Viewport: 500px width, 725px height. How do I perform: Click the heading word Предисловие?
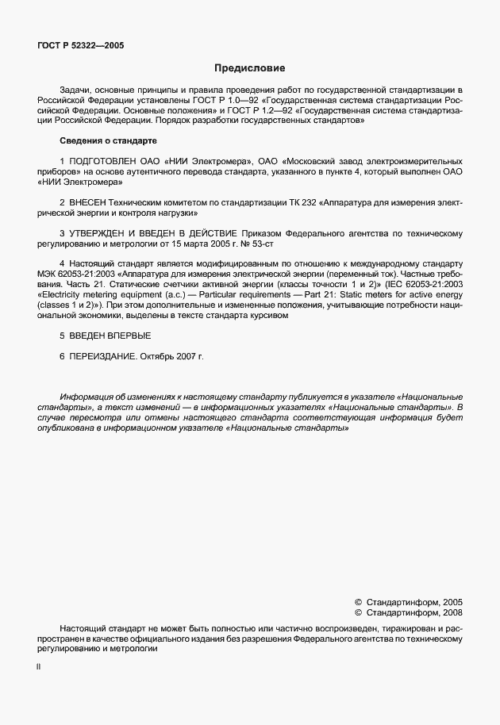tap(249, 69)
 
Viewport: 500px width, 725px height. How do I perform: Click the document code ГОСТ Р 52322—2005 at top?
tap(81, 46)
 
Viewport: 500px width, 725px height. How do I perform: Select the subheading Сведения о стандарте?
tap(109, 140)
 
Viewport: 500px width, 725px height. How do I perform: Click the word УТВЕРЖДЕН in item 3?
tap(103, 234)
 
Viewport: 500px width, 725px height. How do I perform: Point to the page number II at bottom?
tap(39, 668)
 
